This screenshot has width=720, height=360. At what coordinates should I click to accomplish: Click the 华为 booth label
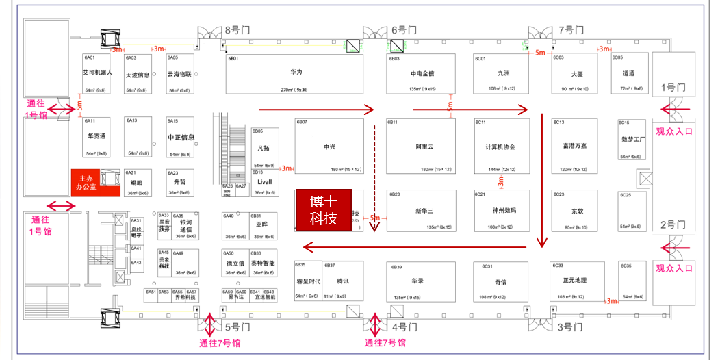pyautogui.click(x=296, y=72)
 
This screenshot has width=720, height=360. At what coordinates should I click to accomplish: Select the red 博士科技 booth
pyautogui.click(x=323, y=210)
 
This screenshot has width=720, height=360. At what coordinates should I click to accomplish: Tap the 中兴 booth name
pyautogui.click(x=329, y=146)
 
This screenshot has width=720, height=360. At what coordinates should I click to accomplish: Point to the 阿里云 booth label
pyautogui.click(x=424, y=146)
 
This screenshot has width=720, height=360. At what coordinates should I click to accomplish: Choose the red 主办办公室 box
pyautogui.click(x=86, y=181)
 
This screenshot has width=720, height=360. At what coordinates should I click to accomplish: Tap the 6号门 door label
pyautogui.click(x=403, y=30)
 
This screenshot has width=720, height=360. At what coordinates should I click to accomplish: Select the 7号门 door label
pyautogui.click(x=571, y=30)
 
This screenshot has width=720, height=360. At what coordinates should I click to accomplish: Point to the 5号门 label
pyautogui.click(x=235, y=327)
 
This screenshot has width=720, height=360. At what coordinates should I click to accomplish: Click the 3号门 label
pyautogui.click(x=569, y=327)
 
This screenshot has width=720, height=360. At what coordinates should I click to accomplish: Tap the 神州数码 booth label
pyautogui.click(x=504, y=210)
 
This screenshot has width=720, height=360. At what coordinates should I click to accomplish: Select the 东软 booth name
pyautogui.click(x=578, y=211)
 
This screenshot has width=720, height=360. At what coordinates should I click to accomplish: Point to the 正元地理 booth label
pyautogui.click(x=575, y=280)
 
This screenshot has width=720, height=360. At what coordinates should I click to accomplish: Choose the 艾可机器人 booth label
pyautogui.click(x=97, y=72)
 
